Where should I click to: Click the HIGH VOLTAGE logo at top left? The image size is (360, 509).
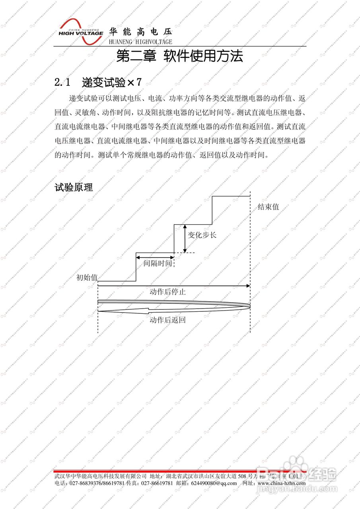[x=81, y=31]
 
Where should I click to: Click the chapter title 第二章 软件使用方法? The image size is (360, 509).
[x=179, y=56]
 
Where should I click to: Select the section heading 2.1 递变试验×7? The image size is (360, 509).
[x=98, y=82]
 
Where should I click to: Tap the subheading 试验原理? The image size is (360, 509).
[x=74, y=187]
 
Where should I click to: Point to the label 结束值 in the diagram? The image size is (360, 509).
[x=268, y=207]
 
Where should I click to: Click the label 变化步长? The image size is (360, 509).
[x=202, y=235]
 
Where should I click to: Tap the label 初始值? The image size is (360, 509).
[x=87, y=278]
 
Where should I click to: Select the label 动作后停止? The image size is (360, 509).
[x=167, y=292]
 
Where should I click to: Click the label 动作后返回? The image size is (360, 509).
[x=167, y=320]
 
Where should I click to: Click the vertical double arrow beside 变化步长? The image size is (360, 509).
[x=185, y=238]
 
